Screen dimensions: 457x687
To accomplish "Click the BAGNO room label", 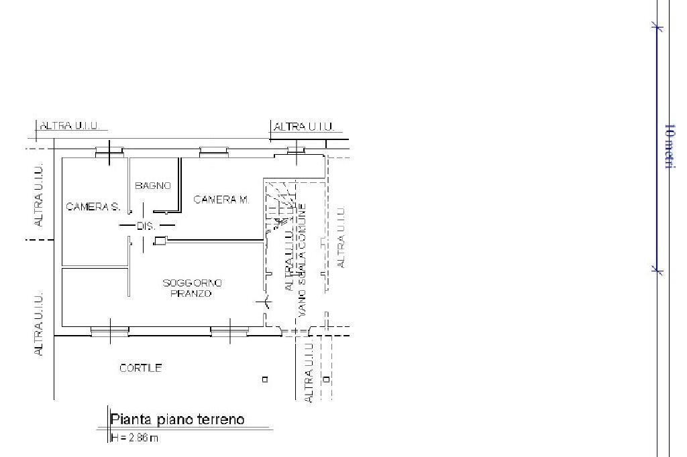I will coord(153,186).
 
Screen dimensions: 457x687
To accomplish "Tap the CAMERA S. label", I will coord(93,207).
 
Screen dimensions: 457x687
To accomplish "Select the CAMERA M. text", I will coord(221,200).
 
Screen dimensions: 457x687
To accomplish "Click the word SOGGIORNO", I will coord(192,283).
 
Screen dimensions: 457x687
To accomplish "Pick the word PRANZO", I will coord(191,293).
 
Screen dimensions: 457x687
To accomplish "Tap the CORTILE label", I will coord(140,368).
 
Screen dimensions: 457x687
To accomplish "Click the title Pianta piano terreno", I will coord(177,420).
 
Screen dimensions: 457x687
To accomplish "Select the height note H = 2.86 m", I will coord(135,438).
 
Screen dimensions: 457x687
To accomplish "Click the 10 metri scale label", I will coord(668,145).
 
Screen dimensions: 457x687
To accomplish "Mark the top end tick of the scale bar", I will coord(657,27).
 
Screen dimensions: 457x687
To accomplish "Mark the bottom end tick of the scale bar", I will coord(657,271).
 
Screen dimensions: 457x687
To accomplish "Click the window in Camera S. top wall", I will coord(108,152).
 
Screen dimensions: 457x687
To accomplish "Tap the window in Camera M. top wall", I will coord(213,151).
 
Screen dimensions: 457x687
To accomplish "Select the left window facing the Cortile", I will coord(109,330).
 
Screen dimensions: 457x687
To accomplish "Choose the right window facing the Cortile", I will coord(229,330).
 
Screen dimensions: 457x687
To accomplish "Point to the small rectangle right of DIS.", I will coord(160,241).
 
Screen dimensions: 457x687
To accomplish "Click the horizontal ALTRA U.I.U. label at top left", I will coord(70,126).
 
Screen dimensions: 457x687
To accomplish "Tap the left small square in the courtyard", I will coord(265,379).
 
